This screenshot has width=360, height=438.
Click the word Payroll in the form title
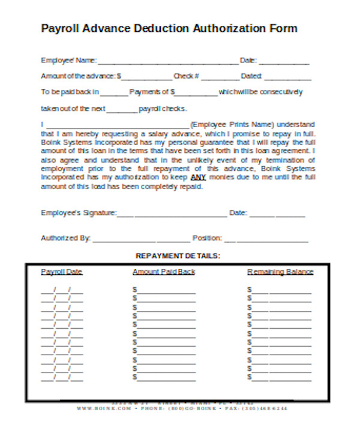point(59,28)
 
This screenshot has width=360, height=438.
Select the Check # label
point(186,76)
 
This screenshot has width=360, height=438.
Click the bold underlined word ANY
point(197,178)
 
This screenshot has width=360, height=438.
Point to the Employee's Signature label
point(78,213)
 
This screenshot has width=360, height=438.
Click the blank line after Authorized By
point(141,239)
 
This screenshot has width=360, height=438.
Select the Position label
point(207,238)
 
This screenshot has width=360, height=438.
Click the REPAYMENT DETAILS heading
point(178,256)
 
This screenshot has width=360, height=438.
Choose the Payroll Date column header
point(61,272)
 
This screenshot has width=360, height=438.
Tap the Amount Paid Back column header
point(163,272)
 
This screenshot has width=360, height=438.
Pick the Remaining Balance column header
point(280,272)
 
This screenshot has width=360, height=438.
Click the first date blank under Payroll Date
point(62,290)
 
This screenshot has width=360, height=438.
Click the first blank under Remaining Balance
point(281,290)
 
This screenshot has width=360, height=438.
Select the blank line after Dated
point(287,77)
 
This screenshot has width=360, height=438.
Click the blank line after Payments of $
point(196,94)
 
